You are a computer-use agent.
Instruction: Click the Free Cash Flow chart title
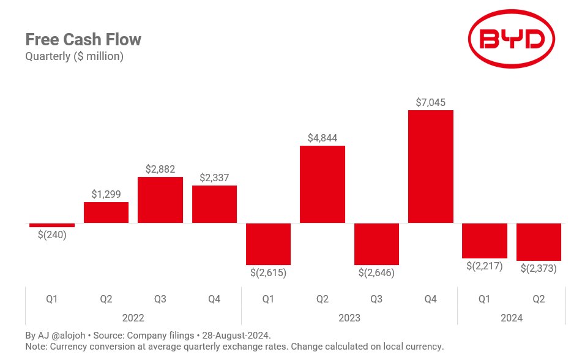click(83, 40)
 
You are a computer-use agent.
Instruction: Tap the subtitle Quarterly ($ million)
click(74, 57)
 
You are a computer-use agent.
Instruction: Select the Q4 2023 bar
click(430, 167)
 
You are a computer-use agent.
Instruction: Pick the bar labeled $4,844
click(322, 184)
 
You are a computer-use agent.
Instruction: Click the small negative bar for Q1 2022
click(52, 225)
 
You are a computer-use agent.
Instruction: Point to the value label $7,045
click(430, 102)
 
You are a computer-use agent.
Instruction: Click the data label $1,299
click(106, 194)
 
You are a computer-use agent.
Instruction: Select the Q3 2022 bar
click(160, 200)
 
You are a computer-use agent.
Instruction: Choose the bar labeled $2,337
click(214, 204)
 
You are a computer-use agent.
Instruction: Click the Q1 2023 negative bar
click(268, 244)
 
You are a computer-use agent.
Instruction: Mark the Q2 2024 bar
click(539, 242)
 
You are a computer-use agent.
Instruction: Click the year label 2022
click(133, 318)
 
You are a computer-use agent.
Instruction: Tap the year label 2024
click(512, 318)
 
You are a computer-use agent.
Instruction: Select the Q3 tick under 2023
click(376, 299)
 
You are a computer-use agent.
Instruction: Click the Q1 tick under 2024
click(484, 299)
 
